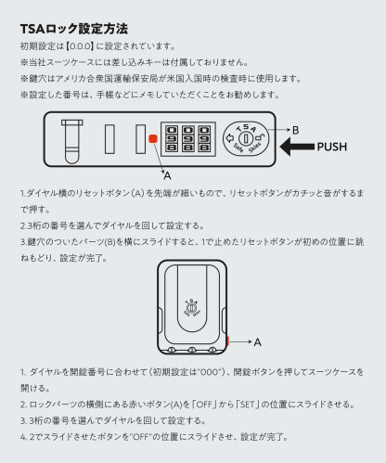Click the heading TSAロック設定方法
[73, 30]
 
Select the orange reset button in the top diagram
[152, 139]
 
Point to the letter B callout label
[295, 130]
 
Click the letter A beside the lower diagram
[257, 341]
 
